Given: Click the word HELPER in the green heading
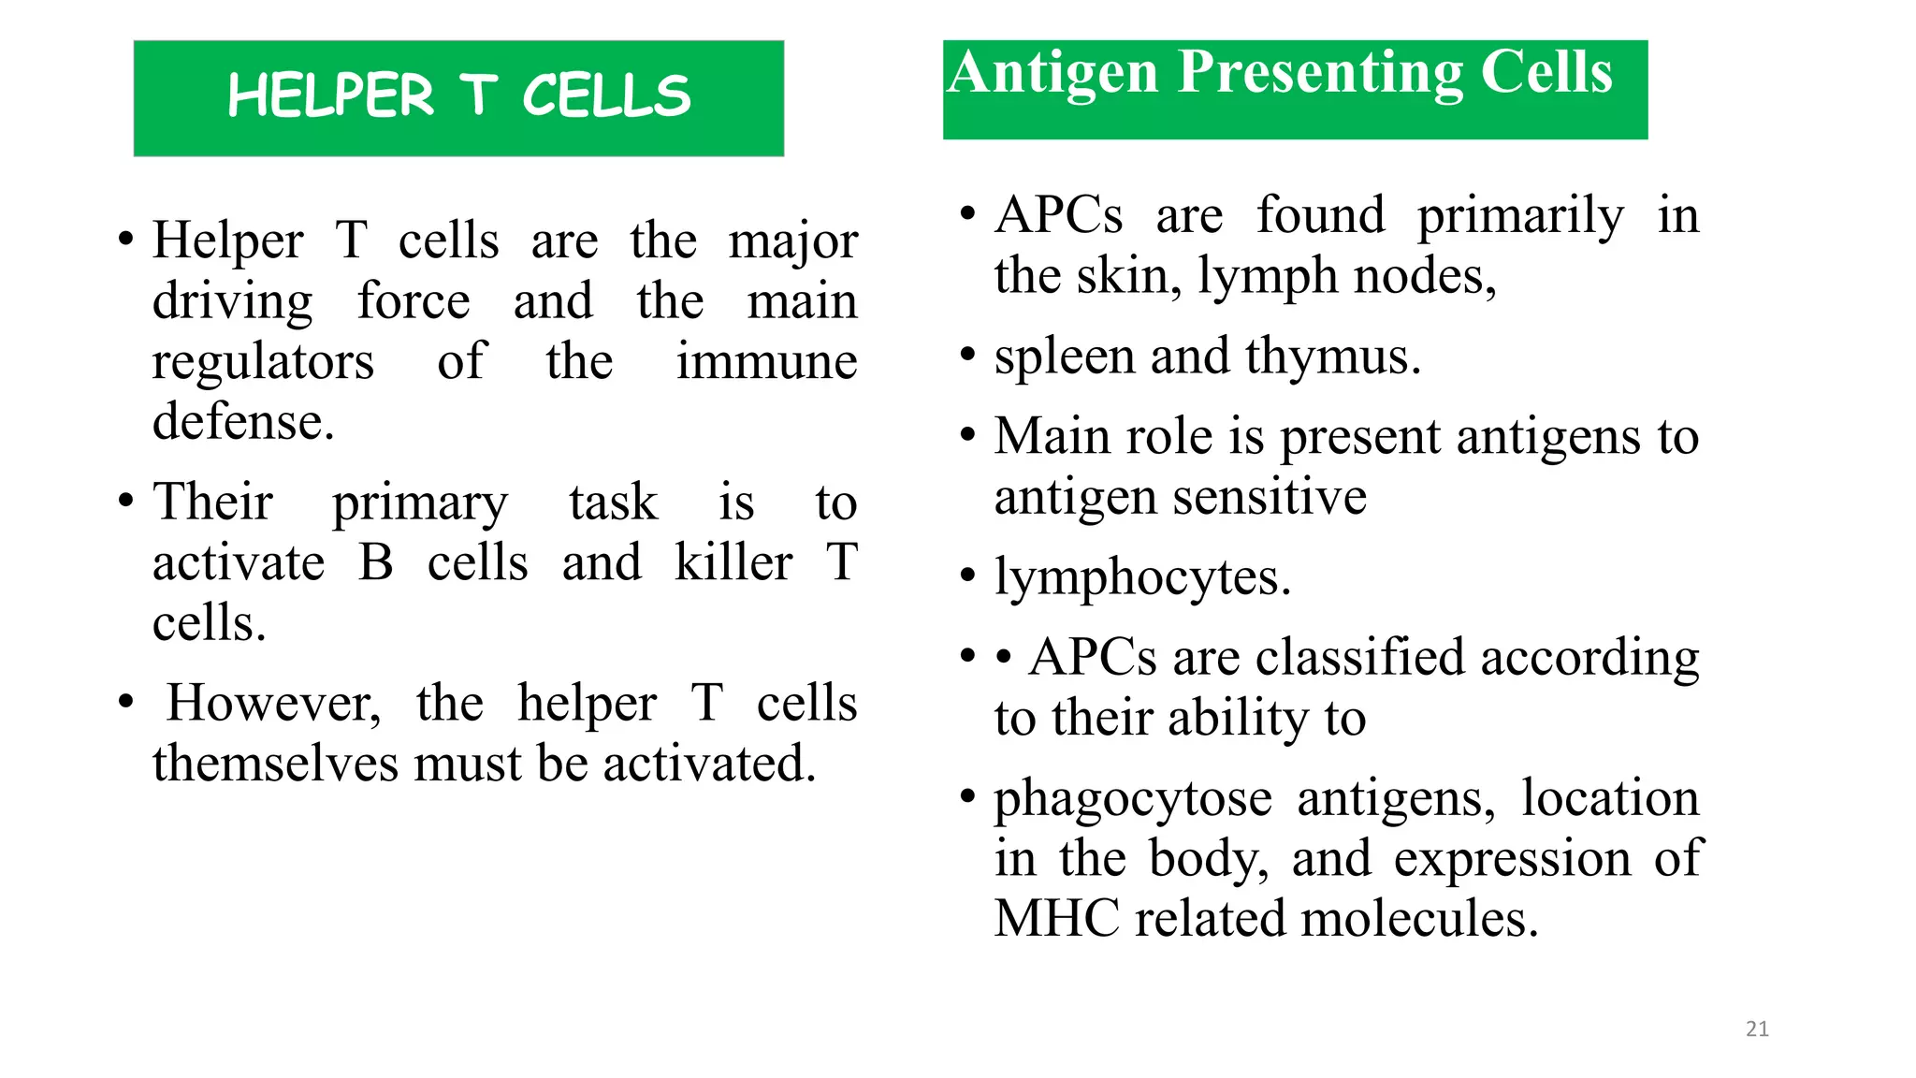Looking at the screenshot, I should [x=331, y=96].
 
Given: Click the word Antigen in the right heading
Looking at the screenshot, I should [x=1053, y=73].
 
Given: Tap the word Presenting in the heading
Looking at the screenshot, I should [x=1320, y=73].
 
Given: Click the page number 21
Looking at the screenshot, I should [x=1757, y=1029].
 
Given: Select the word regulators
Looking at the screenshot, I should [x=263, y=362].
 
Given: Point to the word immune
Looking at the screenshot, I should [x=766, y=362].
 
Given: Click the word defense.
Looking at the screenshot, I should [x=243, y=422].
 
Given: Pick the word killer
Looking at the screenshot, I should [x=733, y=563].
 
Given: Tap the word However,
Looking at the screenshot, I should [x=273, y=704].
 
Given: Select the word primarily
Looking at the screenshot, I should [x=1520, y=217].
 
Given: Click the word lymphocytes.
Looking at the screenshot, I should [x=1142, y=578].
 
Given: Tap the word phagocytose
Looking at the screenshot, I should [x=1133, y=800].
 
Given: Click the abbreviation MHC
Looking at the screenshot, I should [x=1057, y=919].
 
